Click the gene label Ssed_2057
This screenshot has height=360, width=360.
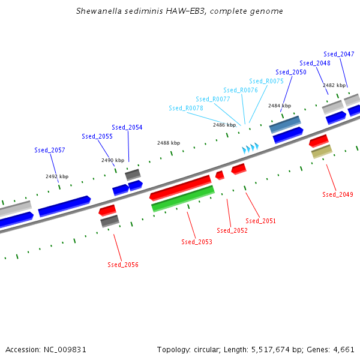[x=49, y=150]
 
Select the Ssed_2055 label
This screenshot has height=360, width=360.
[x=97, y=136]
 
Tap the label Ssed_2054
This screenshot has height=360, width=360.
[x=127, y=127]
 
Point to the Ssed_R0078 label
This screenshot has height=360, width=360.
[x=186, y=108]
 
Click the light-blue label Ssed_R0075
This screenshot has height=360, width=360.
[x=266, y=81]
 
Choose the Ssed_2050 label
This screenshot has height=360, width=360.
[x=291, y=72]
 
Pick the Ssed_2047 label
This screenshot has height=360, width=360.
[x=338, y=54]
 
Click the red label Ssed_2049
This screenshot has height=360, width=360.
[x=338, y=194]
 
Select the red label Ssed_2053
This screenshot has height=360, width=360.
[x=197, y=242]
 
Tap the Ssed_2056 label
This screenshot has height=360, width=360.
[x=123, y=265]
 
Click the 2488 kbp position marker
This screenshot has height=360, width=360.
[x=169, y=143]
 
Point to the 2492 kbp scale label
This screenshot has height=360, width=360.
[x=57, y=176]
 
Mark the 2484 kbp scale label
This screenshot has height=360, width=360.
[x=280, y=106]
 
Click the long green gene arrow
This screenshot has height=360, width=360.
[x=183, y=199]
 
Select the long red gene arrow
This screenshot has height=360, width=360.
[x=180, y=187]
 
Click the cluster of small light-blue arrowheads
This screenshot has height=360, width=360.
[x=250, y=147]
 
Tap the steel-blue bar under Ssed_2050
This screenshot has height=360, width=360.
[x=285, y=124]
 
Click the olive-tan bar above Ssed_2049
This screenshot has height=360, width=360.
[x=322, y=151]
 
